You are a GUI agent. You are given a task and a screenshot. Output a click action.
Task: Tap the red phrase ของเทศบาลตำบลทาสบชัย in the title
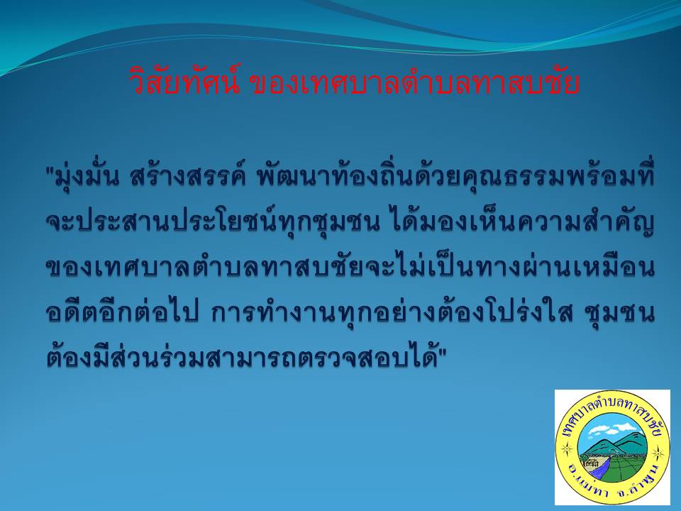(x=415, y=82)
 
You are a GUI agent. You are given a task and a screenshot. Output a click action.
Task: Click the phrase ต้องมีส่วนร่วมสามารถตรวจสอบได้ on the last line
(x=241, y=357)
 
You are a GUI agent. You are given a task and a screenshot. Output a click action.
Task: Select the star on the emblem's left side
(x=566, y=448)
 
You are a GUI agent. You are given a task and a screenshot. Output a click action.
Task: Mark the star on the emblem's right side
(x=658, y=454)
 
